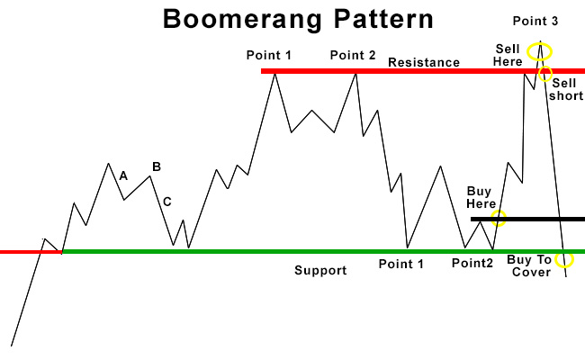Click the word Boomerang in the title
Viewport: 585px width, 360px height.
242,21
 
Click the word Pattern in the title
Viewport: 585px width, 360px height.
383,19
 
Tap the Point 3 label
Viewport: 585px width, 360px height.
535,21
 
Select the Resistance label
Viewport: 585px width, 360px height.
424,62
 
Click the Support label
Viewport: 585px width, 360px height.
320,271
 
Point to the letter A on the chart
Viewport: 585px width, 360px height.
123,175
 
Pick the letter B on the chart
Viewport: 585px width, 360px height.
157,166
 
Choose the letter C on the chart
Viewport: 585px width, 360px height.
167,202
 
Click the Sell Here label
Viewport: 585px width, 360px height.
508,55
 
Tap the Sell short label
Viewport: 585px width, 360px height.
566,89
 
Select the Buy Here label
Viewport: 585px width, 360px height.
481,198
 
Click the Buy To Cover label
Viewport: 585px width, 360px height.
529,265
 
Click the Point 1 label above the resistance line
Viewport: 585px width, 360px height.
268,55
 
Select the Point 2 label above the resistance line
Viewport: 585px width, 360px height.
353,55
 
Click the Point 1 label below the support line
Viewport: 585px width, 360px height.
401,264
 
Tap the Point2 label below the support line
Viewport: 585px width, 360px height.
472,264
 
